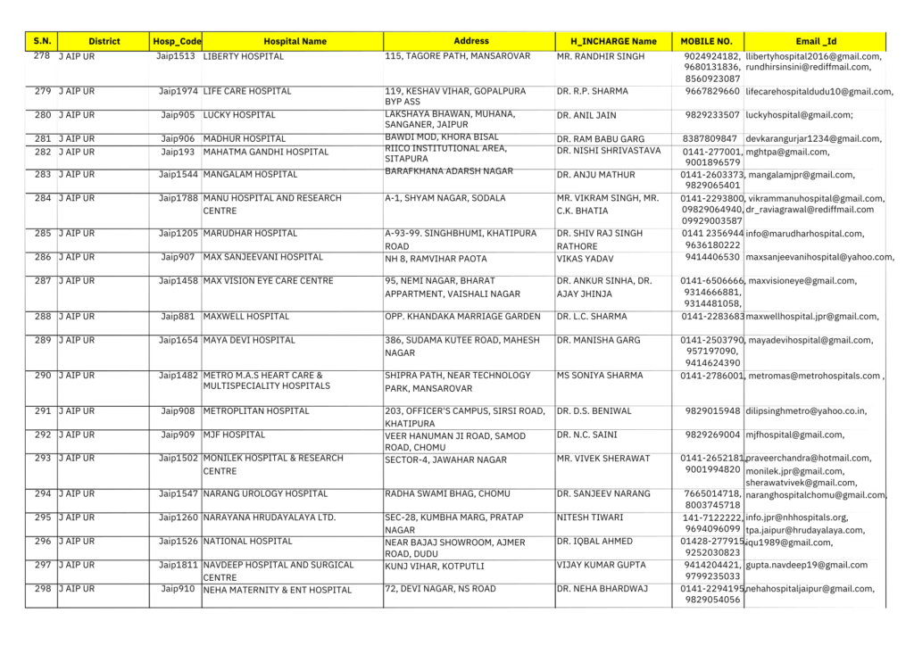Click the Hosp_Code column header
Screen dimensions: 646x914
(177, 41)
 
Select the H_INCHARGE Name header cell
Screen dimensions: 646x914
(612, 41)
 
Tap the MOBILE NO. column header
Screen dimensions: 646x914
(706, 41)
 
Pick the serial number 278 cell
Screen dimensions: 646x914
(42, 56)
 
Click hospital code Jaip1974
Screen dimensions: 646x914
(179, 91)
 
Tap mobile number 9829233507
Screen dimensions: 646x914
(710, 115)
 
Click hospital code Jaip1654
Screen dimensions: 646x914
(179, 340)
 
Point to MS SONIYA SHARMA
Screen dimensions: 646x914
(600, 376)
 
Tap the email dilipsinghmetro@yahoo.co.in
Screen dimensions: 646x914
(806, 411)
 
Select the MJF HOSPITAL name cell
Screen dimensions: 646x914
(234, 435)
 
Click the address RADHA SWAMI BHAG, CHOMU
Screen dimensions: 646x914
(448, 493)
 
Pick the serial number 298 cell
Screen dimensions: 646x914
(42, 589)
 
